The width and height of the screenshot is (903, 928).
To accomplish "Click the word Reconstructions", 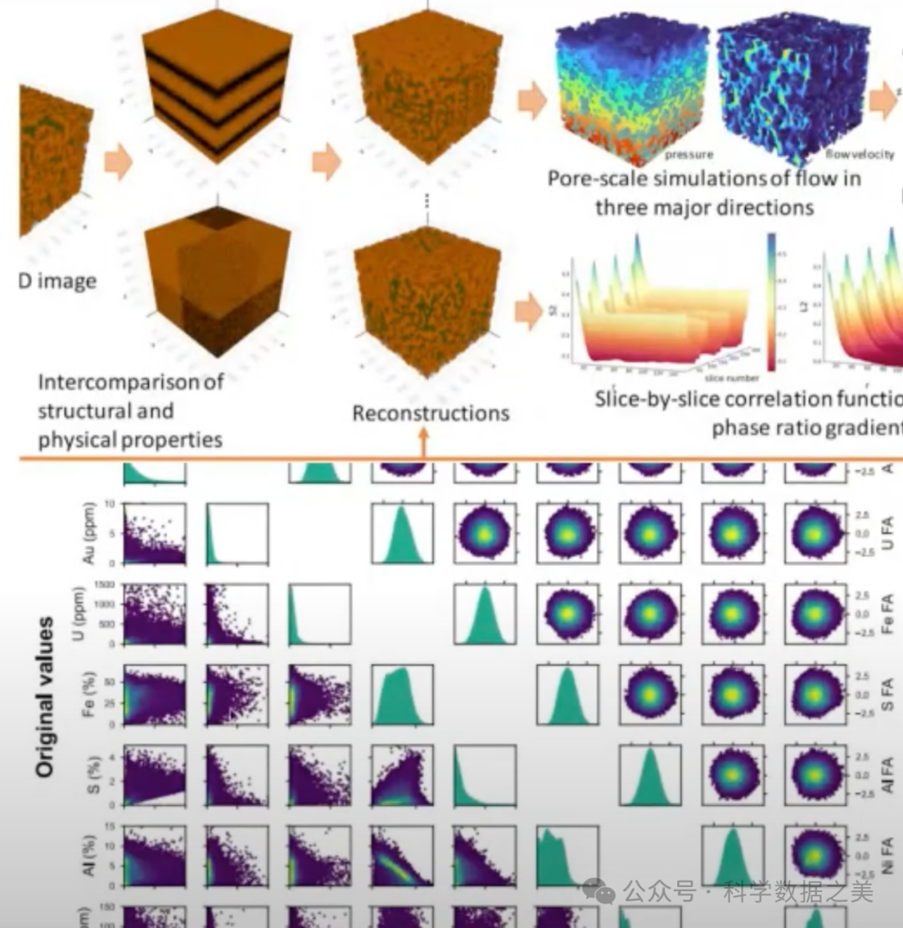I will (x=431, y=413).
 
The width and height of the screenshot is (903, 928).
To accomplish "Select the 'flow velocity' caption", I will (x=859, y=155).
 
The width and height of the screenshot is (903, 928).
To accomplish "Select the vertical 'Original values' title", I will (x=47, y=697).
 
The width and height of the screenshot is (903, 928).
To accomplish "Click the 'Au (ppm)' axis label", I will (x=90, y=533).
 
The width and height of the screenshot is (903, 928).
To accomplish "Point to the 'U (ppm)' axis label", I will (x=90, y=614).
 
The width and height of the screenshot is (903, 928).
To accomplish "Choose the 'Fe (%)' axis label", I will (x=90, y=694).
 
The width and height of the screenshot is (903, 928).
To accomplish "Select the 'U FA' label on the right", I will (x=888, y=533).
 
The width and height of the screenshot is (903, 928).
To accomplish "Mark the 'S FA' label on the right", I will (x=888, y=695).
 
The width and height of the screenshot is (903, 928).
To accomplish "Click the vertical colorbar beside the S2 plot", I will (x=770, y=302).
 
